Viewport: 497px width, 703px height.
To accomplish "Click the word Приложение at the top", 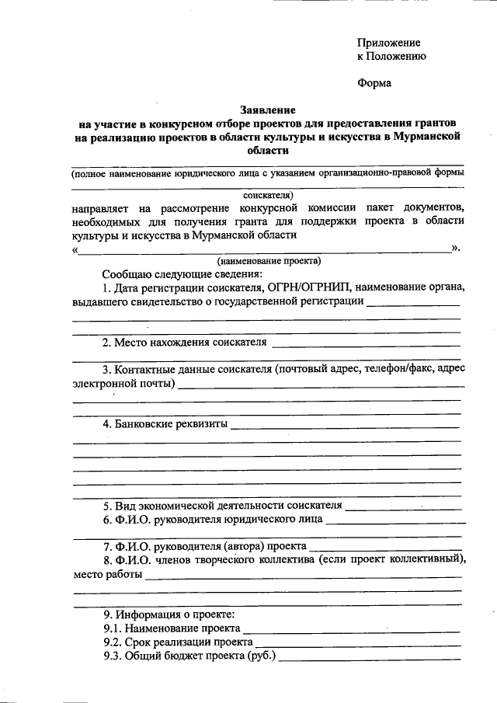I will click(x=388, y=42).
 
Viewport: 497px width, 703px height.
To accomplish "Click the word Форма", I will click(x=374, y=83).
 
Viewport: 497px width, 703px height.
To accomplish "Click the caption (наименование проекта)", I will click(x=269, y=261).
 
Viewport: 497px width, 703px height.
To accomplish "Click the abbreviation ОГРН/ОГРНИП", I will click(x=308, y=287).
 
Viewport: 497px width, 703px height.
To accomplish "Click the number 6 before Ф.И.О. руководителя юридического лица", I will click(x=107, y=520).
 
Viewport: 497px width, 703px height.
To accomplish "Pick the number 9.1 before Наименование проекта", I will click(x=113, y=629).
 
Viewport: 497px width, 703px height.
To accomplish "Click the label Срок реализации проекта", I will click(x=189, y=643).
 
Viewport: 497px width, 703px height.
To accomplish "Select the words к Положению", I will click(x=391, y=56).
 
